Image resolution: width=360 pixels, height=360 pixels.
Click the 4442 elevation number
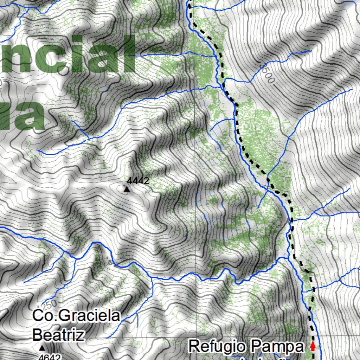click(x=138, y=181)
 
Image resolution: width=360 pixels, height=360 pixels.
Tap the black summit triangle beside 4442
click(x=127, y=189)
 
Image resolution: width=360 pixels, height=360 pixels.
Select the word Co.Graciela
click(x=76, y=316)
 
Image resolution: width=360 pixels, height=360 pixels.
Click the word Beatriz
click(x=58, y=334)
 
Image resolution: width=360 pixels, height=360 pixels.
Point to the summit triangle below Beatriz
click(x=42, y=348)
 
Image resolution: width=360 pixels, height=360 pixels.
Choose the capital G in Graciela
click(x=64, y=316)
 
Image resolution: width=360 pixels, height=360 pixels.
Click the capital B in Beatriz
click(x=37, y=334)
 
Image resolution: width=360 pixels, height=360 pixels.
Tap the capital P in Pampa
click(x=256, y=347)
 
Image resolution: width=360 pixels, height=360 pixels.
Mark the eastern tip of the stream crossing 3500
click(x=311, y=51)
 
